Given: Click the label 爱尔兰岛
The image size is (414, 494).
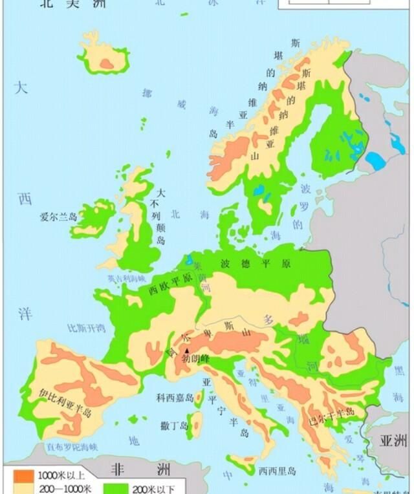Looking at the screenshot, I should click(58, 217).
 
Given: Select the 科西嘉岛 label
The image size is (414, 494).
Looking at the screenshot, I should click(175, 399).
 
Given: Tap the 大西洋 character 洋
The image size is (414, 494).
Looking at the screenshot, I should click(25, 315).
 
